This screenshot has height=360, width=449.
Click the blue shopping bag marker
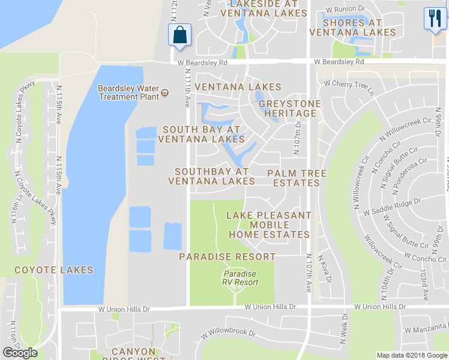[x=180, y=34]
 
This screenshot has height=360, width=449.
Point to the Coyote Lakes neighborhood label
[x=54, y=270]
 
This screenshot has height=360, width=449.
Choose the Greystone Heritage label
[x=290, y=109]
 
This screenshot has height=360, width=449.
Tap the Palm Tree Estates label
[x=297, y=178]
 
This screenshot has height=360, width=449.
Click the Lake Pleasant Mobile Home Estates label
[x=269, y=225]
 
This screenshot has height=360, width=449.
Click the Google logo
[x=20, y=353]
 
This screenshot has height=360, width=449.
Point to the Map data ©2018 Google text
[x=412, y=355]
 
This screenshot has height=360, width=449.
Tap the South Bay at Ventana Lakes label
[x=201, y=134]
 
